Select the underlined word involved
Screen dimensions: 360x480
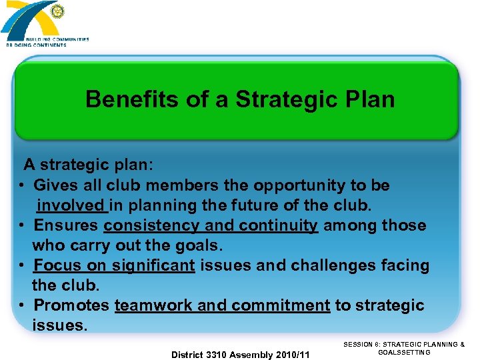71,205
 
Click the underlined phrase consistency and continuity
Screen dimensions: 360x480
211,225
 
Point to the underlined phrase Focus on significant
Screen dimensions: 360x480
114,265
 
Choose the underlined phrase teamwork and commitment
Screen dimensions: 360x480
222,305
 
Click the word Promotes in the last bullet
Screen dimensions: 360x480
71,305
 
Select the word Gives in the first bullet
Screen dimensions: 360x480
53,185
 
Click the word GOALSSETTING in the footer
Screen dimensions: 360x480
404,352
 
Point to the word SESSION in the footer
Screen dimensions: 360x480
359,344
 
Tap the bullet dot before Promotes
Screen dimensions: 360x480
23,305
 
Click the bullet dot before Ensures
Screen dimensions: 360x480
23,225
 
